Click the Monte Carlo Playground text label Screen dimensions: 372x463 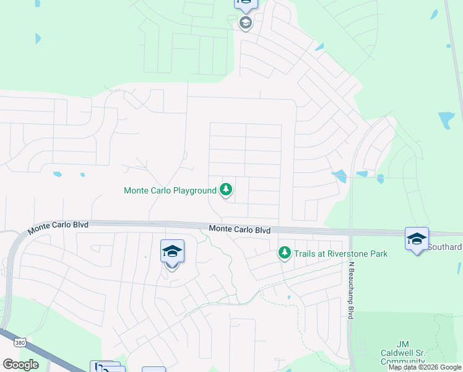(170, 190)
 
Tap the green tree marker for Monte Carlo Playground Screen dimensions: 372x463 (227, 189)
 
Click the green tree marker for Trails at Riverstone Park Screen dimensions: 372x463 (284, 253)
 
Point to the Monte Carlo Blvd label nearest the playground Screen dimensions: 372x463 (240, 229)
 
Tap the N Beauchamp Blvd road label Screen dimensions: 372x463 (350, 290)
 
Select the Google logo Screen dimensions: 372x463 (20, 364)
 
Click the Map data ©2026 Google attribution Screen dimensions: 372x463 (425, 367)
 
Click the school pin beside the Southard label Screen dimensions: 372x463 (417, 239)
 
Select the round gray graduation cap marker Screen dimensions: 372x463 (245, 24)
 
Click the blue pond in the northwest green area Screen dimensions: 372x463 (37, 38)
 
